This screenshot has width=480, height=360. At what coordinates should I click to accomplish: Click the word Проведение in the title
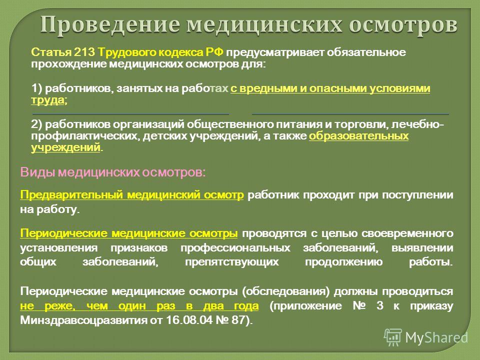110,25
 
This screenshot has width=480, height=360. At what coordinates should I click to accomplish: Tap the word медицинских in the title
264,25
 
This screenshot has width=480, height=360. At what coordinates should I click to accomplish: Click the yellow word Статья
51,52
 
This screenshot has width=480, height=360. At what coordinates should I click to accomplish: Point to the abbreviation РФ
214,52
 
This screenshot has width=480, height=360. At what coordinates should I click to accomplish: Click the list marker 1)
36,89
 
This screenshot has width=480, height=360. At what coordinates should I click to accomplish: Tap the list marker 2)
36,124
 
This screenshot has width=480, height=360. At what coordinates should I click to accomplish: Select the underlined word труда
48,100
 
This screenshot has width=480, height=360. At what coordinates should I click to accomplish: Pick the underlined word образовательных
359,136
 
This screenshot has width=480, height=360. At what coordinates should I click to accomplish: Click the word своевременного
407,233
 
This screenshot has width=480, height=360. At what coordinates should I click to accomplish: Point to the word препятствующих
232,262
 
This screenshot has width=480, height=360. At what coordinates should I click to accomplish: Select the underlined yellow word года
246,306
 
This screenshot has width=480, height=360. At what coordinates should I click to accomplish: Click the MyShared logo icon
393,337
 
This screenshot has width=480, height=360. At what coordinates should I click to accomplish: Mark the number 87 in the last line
238,320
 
